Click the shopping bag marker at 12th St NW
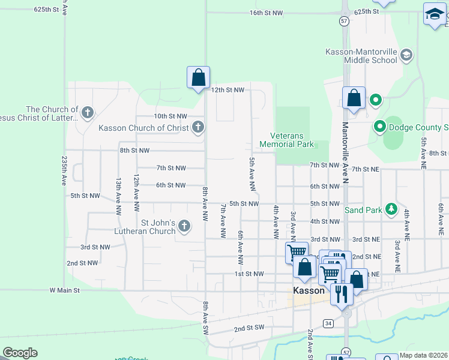point(198,78)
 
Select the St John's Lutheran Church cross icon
point(184,226)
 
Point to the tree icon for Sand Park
point(391,209)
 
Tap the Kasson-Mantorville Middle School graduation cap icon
point(406,56)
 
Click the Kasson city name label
point(309,290)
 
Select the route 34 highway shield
point(328,323)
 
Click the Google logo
point(20,353)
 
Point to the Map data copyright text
point(423,355)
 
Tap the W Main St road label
point(64,290)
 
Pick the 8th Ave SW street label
point(205,318)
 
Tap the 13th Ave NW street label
point(118,196)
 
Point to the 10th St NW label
point(170,116)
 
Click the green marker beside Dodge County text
point(379,127)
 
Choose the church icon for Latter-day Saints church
point(88,112)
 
